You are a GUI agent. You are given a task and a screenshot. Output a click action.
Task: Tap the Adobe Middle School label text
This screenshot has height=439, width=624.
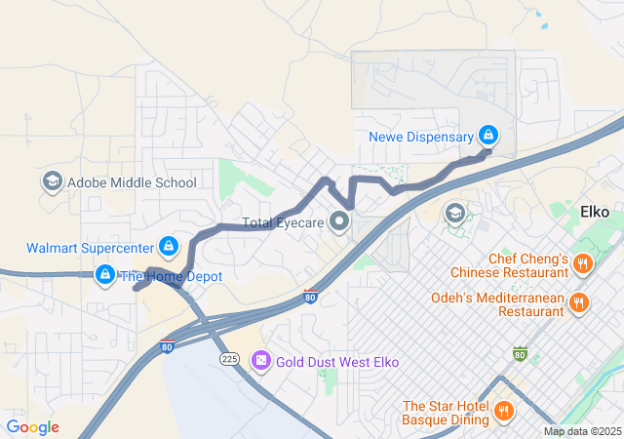pyautogui.click(x=131, y=182)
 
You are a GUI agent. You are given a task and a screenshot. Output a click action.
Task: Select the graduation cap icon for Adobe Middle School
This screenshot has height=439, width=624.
pyautogui.click(x=51, y=182)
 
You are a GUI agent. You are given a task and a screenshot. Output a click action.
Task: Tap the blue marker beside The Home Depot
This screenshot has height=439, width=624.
pyautogui.click(x=104, y=276)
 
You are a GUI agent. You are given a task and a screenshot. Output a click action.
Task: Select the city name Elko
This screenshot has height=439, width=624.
pyautogui.click(x=595, y=211)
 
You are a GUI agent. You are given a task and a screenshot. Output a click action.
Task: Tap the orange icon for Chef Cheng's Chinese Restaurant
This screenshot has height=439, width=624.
pyautogui.click(x=582, y=263)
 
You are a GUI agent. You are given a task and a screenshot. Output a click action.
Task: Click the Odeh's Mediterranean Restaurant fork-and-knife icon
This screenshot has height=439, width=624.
pyautogui.click(x=579, y=302)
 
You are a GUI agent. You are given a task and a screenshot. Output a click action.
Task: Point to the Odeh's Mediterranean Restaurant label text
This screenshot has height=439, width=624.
pyautogui.click(x=504, y=302)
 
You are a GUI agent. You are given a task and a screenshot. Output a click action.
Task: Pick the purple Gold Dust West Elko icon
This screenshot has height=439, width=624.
pyautogui.click(x=260, y=362)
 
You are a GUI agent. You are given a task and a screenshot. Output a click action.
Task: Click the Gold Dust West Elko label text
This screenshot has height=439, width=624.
pyautogui.click(x=337, y=362)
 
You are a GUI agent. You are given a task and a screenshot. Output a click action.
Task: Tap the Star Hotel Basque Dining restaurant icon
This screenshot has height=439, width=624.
pyautogui.click(x=503, y=413)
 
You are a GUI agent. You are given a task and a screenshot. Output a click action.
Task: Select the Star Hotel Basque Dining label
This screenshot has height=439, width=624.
pyautogui.click(x=445, y=413)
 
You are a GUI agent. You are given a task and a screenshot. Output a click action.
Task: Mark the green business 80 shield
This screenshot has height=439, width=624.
pyautogui.click(x=520, y=353)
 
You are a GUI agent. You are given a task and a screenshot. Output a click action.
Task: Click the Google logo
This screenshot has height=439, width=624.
pyautogui.click(x=32, y=427)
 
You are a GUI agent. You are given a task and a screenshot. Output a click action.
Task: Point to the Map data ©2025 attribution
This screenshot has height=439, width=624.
pyautogui.click(x=581, y=431)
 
